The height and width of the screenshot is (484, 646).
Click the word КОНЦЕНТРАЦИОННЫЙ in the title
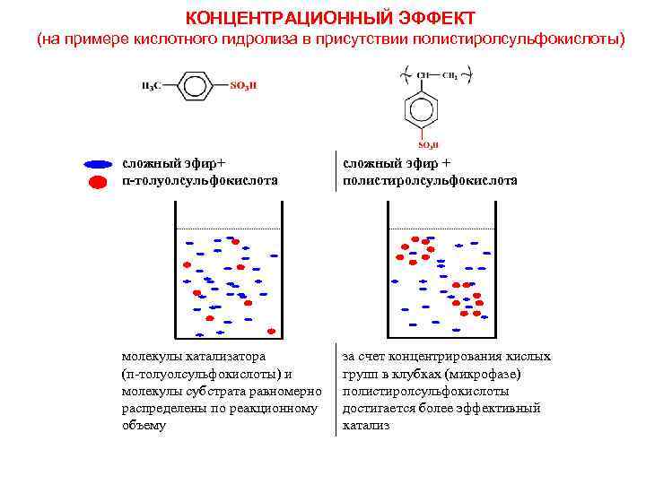(281, 18)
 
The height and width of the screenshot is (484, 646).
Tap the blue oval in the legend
(98, 165)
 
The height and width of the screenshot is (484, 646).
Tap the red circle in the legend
(98, 183)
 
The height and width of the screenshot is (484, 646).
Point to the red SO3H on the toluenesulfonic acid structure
(244, 86)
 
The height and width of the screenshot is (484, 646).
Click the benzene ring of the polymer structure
(427, 110)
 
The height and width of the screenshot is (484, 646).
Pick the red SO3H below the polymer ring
(429, 144)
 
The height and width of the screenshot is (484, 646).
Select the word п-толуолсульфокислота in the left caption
(199, 180)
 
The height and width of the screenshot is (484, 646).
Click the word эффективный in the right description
(508, 408)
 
